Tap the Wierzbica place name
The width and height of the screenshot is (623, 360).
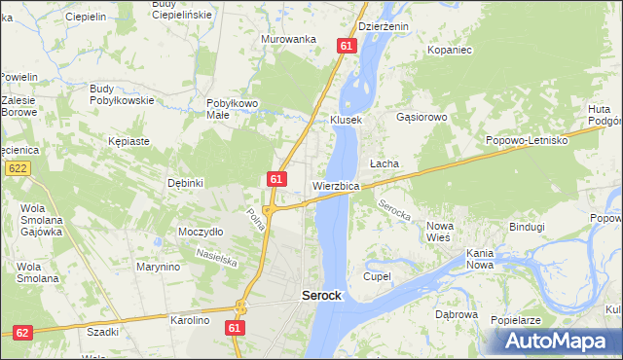click(337, 185)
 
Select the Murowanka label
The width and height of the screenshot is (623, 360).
click(289, 39)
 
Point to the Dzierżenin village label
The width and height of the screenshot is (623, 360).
click(384, 27)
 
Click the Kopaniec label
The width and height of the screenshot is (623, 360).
click(449, 48)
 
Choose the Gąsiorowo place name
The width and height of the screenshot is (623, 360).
click(421, 118)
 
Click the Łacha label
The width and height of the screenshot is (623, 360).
click(384, 163)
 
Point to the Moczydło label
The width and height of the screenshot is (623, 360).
click(202, 232)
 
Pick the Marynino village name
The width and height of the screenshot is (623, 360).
click(159, 267)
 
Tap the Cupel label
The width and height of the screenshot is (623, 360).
click(377, 276)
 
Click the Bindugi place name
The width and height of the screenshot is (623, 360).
click(527, 227)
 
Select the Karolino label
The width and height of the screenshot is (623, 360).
click(191, 319)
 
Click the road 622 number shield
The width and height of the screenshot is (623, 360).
click(17, 168)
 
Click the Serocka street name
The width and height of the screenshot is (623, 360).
click(393, 207)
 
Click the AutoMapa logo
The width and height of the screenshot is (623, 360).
click(558, 341)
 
